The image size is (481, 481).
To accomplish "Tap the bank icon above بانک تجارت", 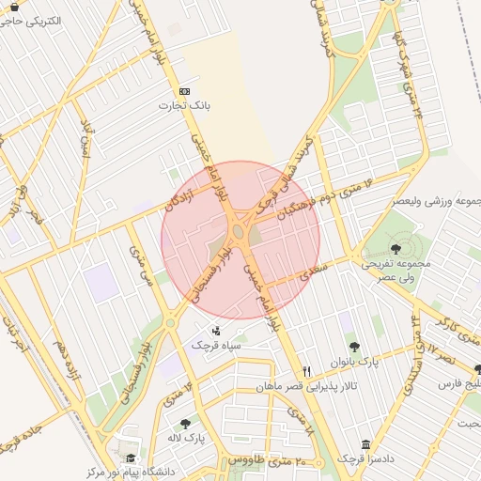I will point(184,91).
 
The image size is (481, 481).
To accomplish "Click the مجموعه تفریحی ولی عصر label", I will point(396,271).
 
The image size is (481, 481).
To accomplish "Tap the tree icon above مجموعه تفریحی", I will point(396,249).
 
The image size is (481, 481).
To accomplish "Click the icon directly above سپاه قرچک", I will point(217,330).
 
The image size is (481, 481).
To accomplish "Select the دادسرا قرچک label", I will point(365,458).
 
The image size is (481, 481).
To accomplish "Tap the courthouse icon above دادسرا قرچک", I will point(365,443).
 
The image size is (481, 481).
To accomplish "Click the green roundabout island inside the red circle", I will point(240,231).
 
